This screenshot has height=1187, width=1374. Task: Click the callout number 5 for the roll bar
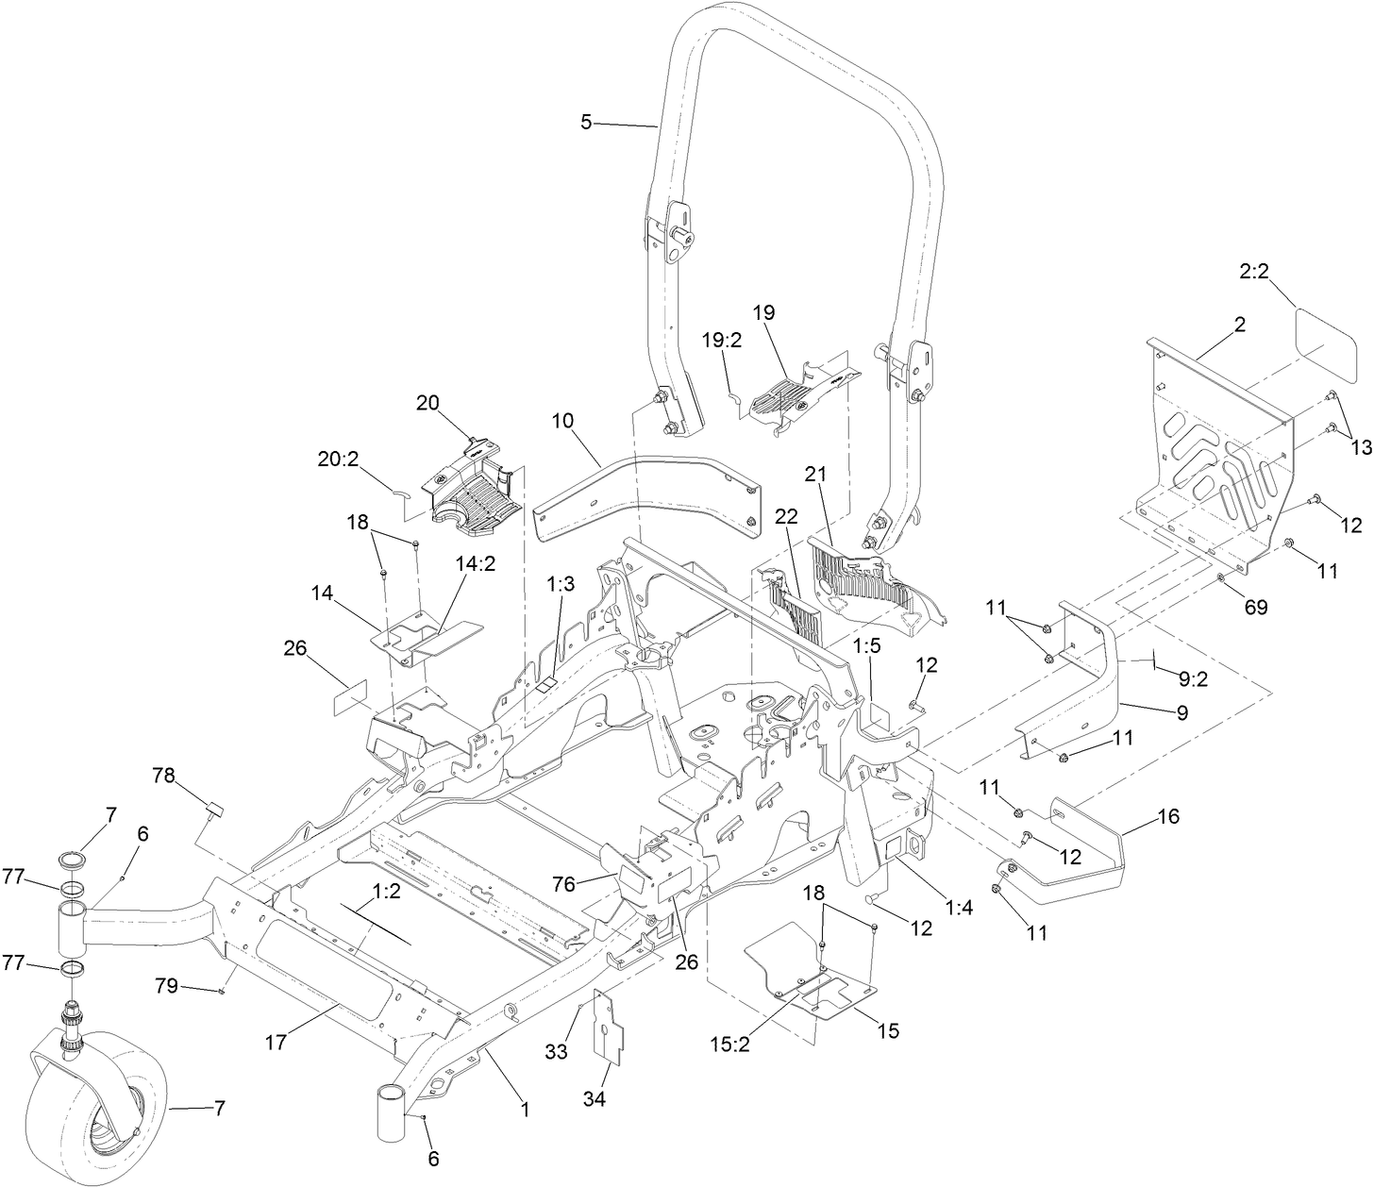(x=586, y=123)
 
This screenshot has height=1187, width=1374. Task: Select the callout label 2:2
(x=1253, y=272)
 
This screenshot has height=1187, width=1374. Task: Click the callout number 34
(x=595, y=1098)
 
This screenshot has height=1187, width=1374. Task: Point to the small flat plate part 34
(x=604, y=1033)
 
